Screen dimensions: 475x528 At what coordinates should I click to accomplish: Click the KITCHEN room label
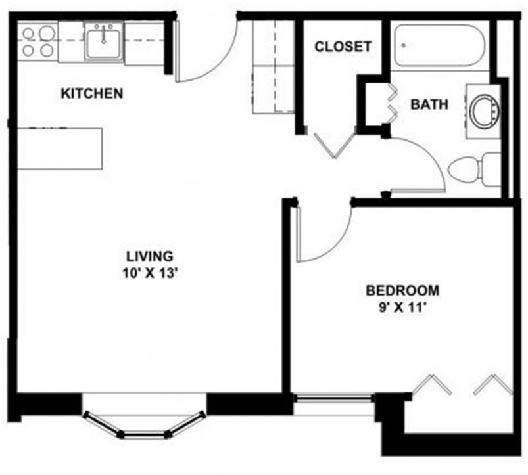click(91, 93)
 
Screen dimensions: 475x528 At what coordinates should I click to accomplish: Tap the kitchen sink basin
click(103, 41)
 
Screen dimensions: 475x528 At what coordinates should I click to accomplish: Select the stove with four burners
click(38, 41)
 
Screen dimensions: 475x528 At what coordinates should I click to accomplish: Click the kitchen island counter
click(59, 148)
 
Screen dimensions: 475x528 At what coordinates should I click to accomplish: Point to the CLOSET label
click(343, 47)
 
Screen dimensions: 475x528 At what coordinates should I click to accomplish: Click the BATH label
click(429, 104)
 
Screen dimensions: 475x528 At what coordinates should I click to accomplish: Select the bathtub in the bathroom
click(440, 46)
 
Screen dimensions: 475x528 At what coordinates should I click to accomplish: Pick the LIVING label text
click(149, 256)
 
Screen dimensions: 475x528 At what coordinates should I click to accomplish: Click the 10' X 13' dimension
click(149, 275)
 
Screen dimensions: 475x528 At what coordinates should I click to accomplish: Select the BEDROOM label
click(402, 290)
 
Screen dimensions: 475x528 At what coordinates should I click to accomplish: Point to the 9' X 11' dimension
click(402, 308)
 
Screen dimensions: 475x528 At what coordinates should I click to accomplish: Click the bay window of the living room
click(144, 420)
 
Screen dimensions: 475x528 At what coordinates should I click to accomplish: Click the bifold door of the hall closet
click(334, 143)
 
